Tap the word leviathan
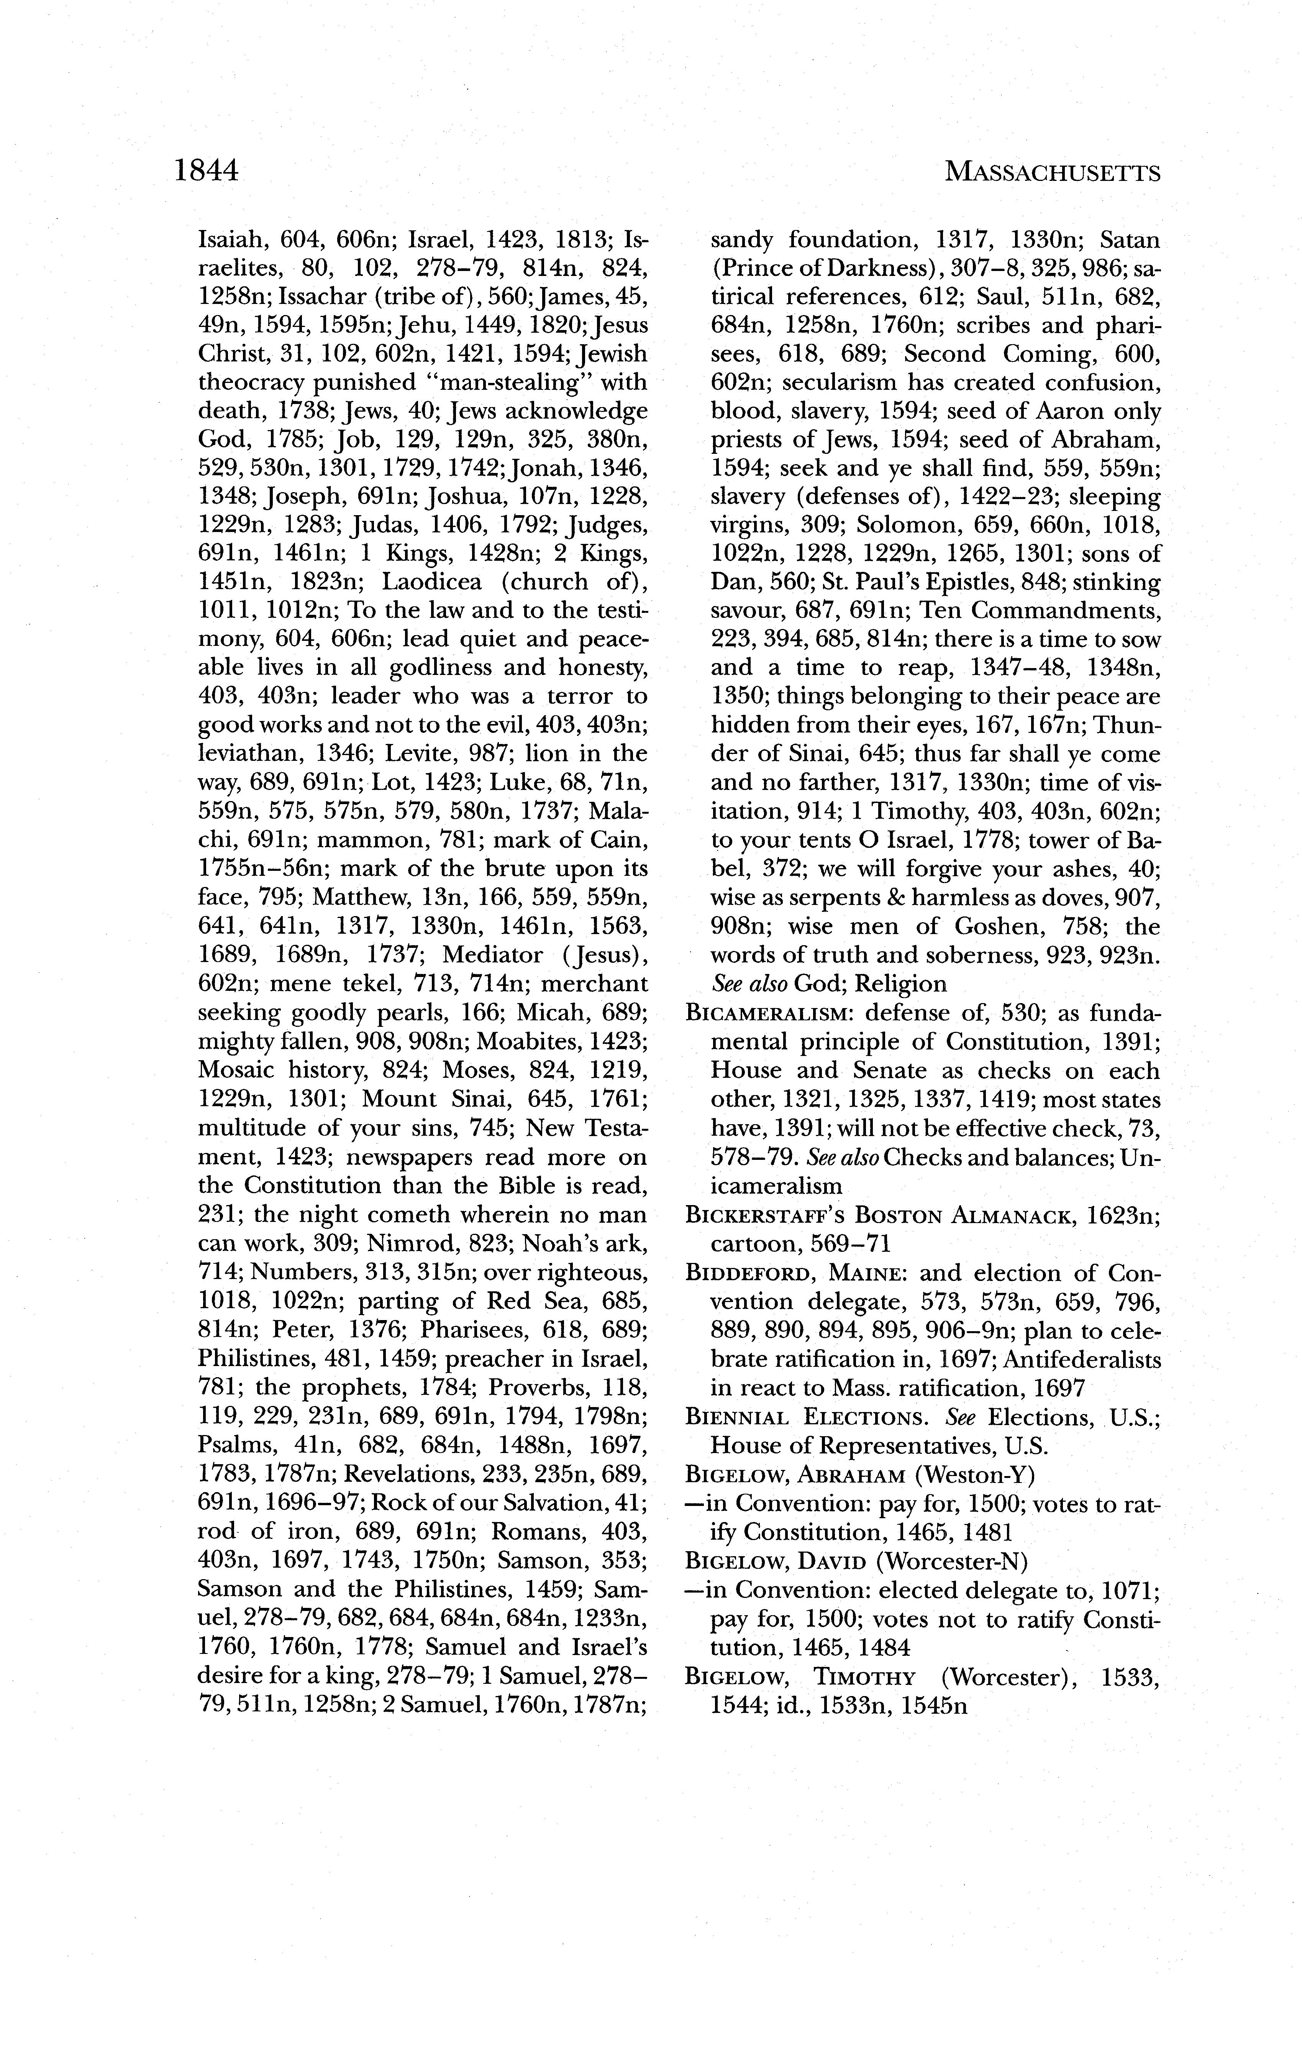pos(246,754)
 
